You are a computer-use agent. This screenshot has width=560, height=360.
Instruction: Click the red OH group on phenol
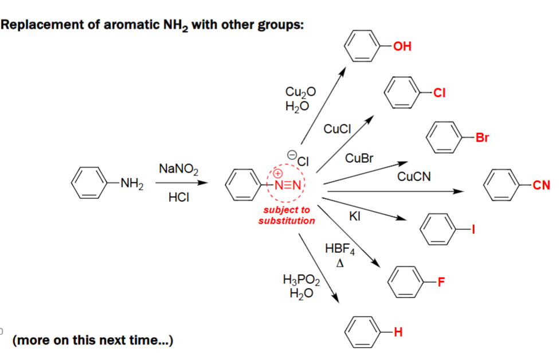coord(403,46)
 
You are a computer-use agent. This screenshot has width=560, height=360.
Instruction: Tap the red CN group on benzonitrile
coord(541,185)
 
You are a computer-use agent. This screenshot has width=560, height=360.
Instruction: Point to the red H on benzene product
coord(398,331)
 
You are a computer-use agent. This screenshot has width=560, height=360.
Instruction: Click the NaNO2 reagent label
coord(178,169)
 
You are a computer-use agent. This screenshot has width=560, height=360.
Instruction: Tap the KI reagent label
coord(354,216)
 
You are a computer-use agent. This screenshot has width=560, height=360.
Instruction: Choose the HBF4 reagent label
coord(340,249)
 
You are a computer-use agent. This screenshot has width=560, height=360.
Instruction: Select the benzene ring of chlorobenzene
coord(402,93)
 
